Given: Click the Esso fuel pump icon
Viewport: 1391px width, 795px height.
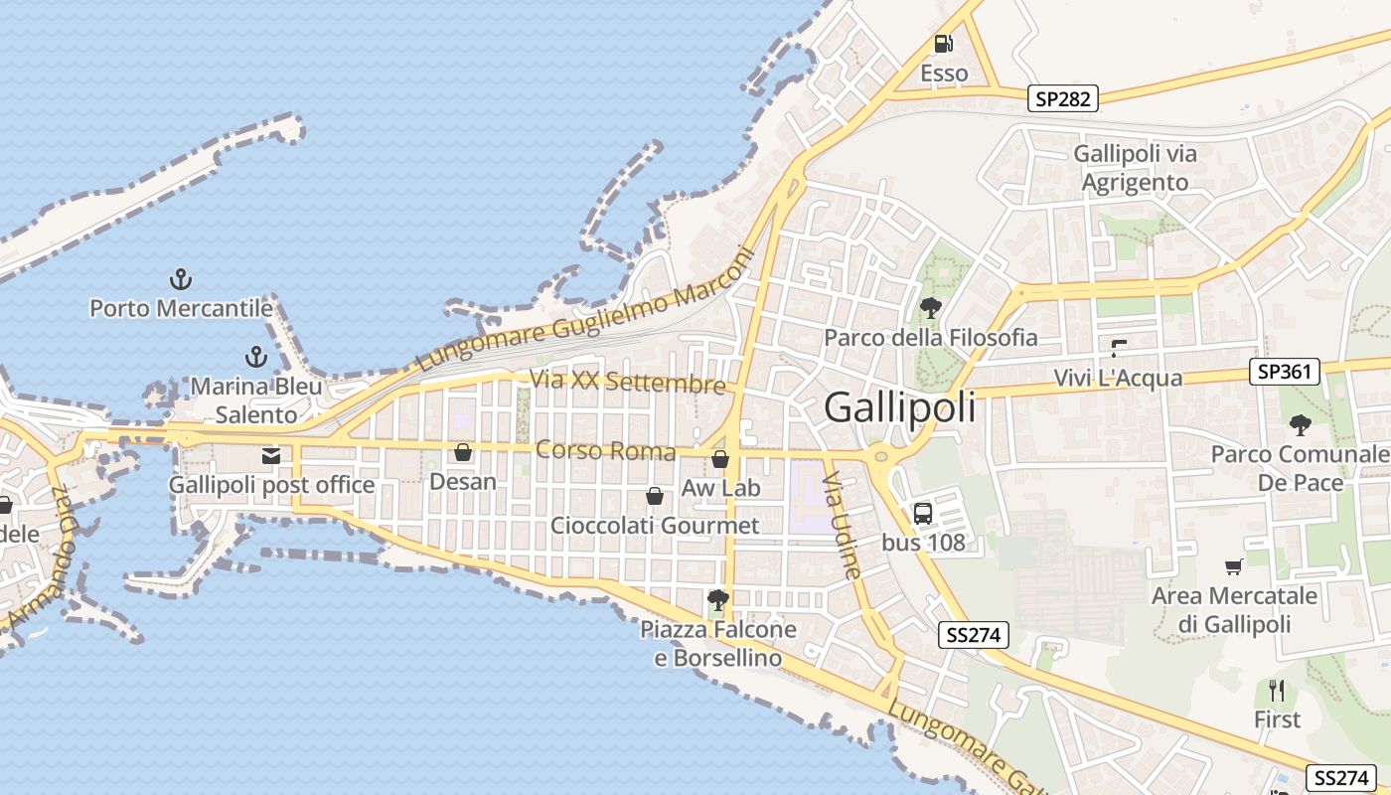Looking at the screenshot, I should click(943, 44).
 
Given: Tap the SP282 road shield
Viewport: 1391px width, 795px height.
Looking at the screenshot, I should click(1062, 98).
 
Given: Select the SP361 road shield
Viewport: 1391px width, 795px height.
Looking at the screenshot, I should click(1285, 373).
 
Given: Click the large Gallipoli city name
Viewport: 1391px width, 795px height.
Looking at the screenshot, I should click(900, 408).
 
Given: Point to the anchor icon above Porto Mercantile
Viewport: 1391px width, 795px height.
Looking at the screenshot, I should click(181, 279).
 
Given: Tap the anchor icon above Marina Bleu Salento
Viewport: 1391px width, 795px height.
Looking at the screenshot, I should click(256, 357).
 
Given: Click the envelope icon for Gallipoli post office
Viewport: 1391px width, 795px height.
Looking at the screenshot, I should click(270, 456).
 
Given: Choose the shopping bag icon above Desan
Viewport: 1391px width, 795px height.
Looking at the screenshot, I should click(463, 453).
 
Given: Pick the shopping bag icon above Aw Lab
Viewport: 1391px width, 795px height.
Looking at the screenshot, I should click(720, 459).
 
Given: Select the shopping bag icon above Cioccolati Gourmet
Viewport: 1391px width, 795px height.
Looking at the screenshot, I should click(655, 496).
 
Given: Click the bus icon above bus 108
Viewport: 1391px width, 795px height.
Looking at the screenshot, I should click(923, 514).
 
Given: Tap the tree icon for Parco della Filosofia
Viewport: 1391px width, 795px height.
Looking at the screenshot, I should click(930, 308).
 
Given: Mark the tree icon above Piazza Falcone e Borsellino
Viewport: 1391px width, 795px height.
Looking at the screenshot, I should click(717, 599).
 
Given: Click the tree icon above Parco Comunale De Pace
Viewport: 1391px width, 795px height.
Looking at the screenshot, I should click(1300, 425).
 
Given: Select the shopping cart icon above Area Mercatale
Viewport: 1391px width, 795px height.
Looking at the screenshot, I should click(1234, 566).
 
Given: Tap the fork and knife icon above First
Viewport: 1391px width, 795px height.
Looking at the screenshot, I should click(1277, 690).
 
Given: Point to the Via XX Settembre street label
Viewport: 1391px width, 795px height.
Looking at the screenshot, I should click(628, 382).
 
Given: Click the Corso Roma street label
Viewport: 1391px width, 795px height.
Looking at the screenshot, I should click(605, 451).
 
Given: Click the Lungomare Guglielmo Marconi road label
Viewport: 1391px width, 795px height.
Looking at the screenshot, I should click(585, 311).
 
